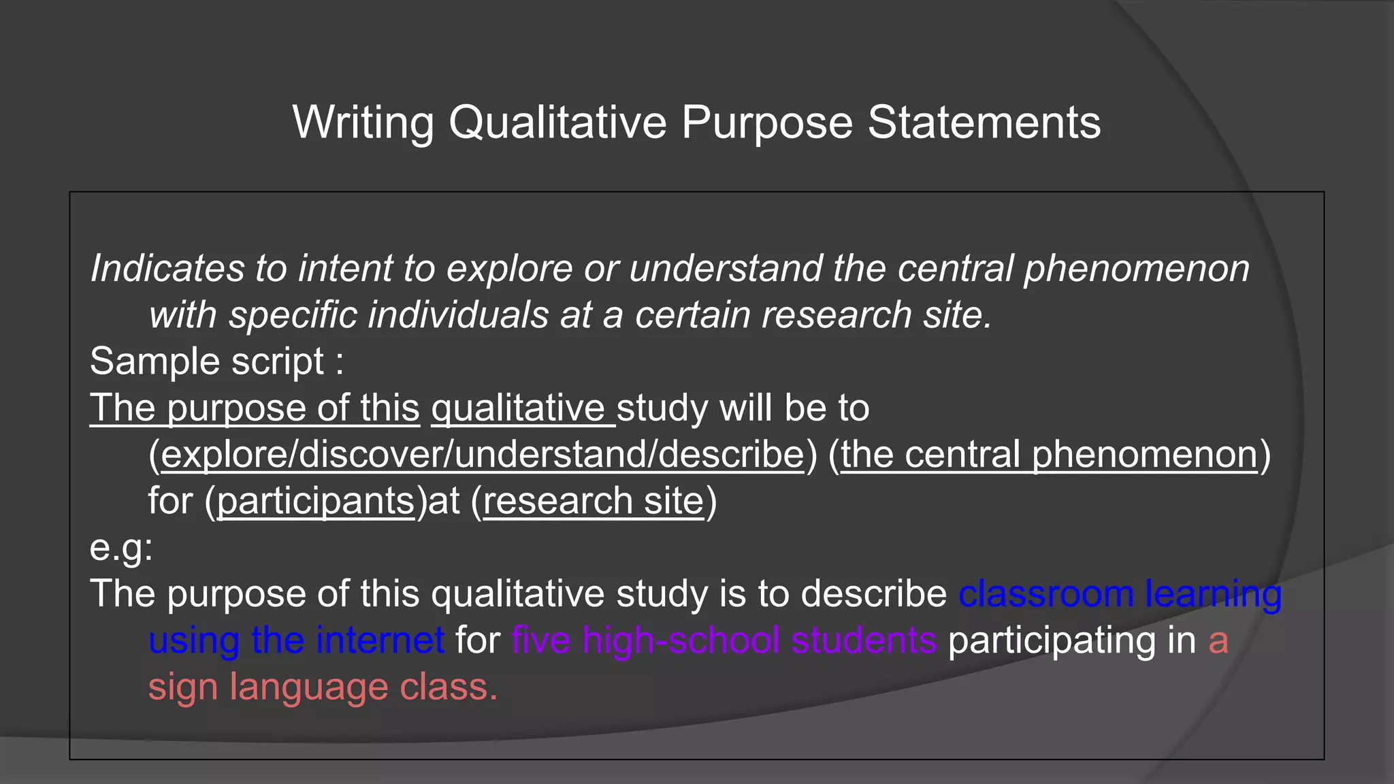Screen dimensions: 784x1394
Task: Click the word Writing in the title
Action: click(x=363, y=123)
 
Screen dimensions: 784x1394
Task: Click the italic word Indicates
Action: click(x=167, y=268)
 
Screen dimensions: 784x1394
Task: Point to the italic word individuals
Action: click(x=458, y=315)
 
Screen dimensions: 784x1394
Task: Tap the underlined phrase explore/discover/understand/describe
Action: click(x=483, y=455)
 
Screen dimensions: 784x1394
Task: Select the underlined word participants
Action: click(x=316, y=502)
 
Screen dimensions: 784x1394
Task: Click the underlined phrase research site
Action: click(x=593, y=502)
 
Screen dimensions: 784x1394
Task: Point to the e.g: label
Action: click(x=121, y=548)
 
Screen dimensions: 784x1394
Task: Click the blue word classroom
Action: click(x=1045, y=594)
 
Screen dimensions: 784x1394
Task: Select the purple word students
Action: click(x=864, y=641)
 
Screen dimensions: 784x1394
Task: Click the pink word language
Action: click(x=308, y=687)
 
